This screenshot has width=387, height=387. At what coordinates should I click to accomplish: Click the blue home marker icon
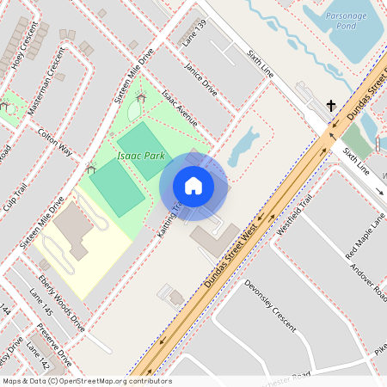click(x=193, y=186)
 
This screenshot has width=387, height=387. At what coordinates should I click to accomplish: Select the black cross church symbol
click(x=331, y=106)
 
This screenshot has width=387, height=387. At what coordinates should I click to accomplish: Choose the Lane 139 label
click(x=194, y=32)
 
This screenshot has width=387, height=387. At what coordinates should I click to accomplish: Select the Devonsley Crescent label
click(x=269, y=306)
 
